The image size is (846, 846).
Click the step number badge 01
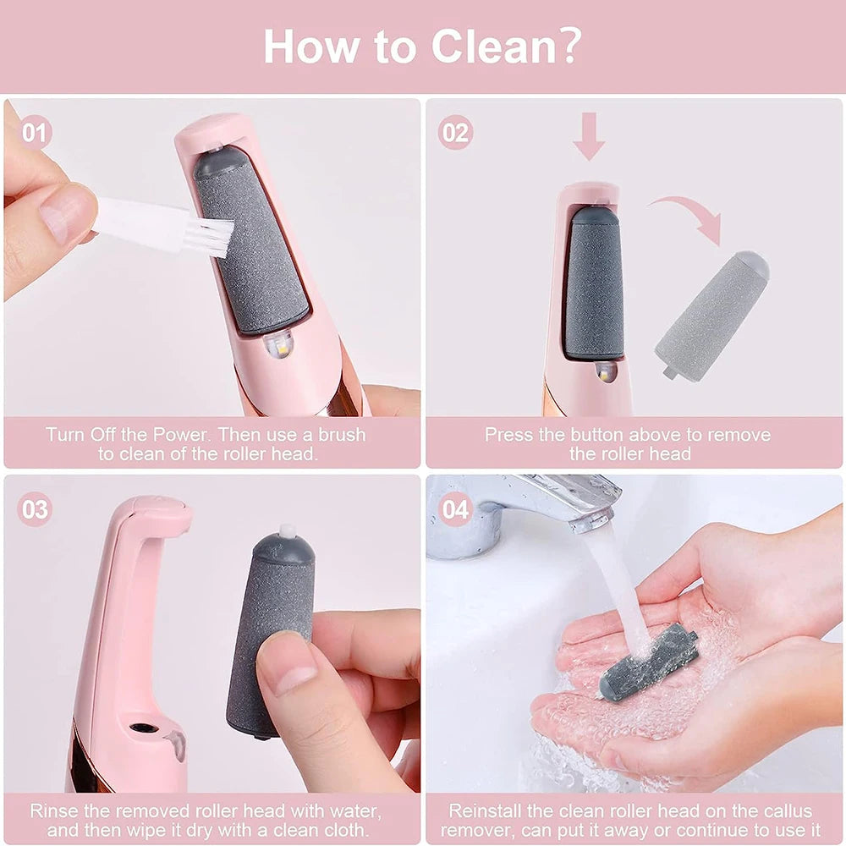(x=35, y=133)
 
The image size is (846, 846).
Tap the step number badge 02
(x=455, y=133)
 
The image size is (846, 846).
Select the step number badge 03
(x=35, y=510)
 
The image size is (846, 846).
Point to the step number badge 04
(x=455, y=510)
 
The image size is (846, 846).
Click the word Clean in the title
(x=497, y=46)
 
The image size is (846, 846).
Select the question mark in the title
(x=564, y=46)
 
